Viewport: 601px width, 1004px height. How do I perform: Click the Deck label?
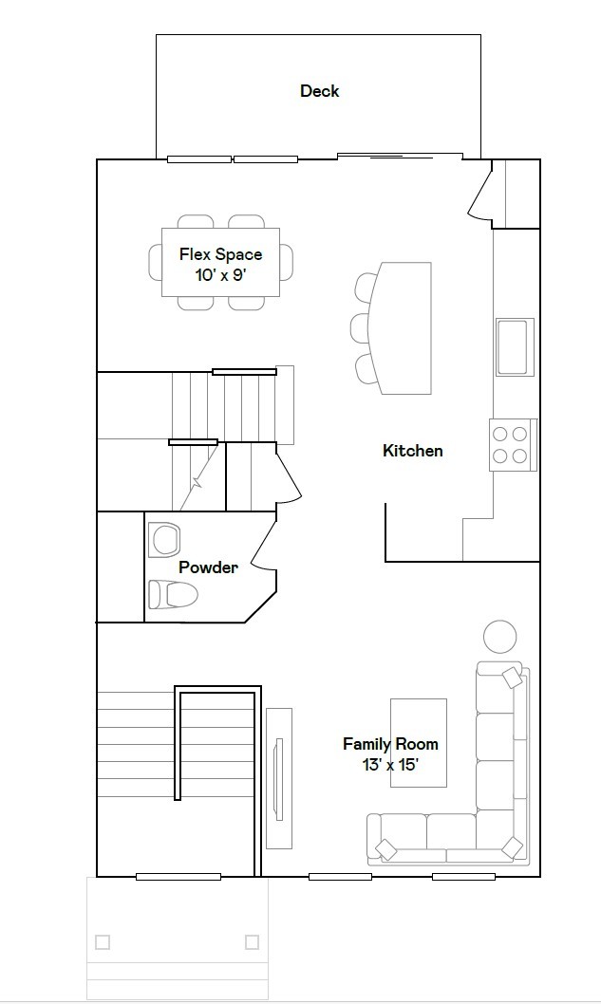(319, 91)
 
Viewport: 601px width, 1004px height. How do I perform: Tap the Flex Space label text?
(220, 254)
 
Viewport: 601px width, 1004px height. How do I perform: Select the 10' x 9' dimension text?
(220, 275)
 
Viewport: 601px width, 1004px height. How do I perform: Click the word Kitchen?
(412, 451)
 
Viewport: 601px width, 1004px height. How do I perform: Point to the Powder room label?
(208, 567)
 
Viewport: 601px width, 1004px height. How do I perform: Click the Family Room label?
(390, 744)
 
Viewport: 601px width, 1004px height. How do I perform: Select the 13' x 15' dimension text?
(390, 765)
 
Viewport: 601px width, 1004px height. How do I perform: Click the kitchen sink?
(513, 346)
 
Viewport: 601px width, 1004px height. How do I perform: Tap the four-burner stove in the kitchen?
(513, 444)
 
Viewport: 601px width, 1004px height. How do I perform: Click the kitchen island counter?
(404, 327)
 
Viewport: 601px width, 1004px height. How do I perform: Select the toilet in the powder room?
(173, 595)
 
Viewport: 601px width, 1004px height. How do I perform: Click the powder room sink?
(164, 539)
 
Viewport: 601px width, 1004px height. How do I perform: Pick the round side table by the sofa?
(500, 636)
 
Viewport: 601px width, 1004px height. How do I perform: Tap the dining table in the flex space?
(220, 263)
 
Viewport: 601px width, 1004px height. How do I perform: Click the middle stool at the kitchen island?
(361, 327)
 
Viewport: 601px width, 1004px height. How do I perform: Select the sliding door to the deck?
(400, 157)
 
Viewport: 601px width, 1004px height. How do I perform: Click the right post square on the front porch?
(252, 942)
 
